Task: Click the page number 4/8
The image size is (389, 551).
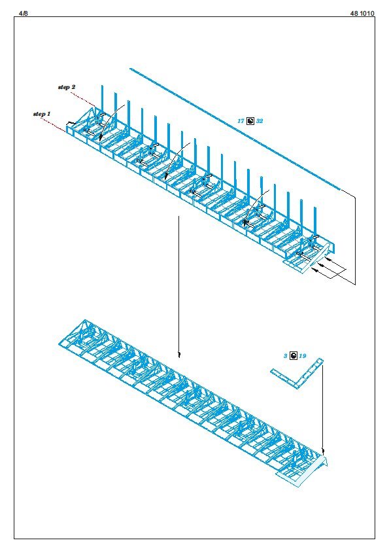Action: pyautogui.click(x=23, y=13)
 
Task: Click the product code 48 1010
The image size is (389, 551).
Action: pyautogui.click(x=362, y=13)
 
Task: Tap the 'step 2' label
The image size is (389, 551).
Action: pyautogui.click(x=67, y=87)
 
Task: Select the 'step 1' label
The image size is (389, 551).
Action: pyautogui.click(x=42, y=114)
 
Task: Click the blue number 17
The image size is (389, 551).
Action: pyautogui.click(x=241, y=121)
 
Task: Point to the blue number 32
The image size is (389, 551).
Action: pyautogui.click(x=260, y=121)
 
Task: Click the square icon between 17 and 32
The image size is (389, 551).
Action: pyautogui.click(x=250, y=121)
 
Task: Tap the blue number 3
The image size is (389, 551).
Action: pyautogui.click(x=286, y=356)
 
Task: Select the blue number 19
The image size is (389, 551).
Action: pyautogui.click(x=303, y=356)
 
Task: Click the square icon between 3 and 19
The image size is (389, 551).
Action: pyautogui.click(x=293, y=355)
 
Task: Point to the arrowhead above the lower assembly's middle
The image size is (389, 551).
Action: pyautogui.click(x=179, y=354)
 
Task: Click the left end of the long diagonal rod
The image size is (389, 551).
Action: pyautogui.click(x=130, y=69)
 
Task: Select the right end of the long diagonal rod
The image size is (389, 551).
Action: pyautogui.click(x=339, y=190)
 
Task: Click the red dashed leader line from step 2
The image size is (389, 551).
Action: pyautogui.click(x=83, y=100)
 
